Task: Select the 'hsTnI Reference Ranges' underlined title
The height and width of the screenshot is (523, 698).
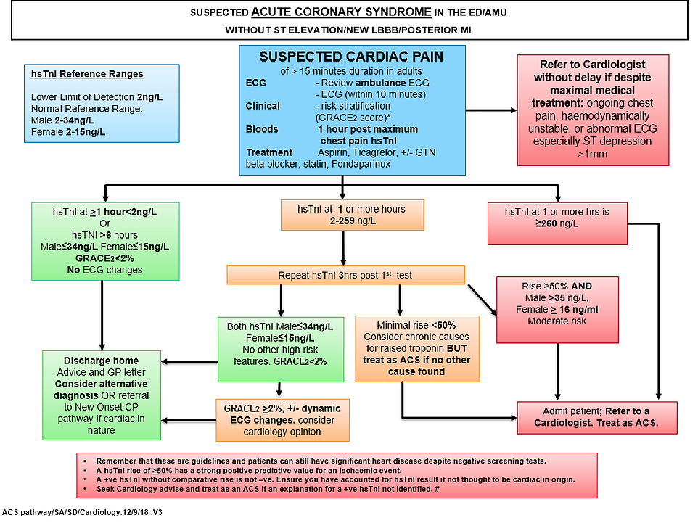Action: coord(87,74)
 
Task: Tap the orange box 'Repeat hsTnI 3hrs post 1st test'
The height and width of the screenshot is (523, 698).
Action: coord(345,275)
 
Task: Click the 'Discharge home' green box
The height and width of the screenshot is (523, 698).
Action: coord(101,395)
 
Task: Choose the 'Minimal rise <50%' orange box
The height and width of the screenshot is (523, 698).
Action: coord(416,347)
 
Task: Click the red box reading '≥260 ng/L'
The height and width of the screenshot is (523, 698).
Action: coord(558,217)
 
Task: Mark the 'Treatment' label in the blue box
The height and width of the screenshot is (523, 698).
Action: coord(269,152)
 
